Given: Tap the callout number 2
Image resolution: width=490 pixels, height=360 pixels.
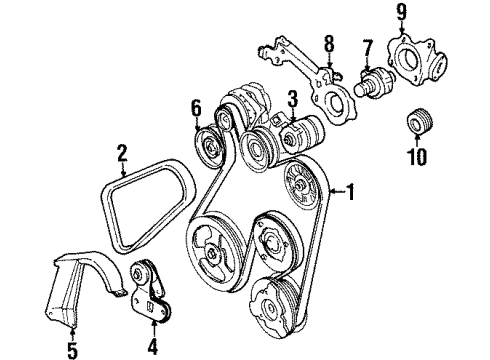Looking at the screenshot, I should [x=122, y=152].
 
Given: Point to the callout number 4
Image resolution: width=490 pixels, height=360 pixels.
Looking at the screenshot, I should [x=153, y=349].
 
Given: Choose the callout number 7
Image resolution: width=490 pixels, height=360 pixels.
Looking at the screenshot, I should [x=368, y=47].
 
